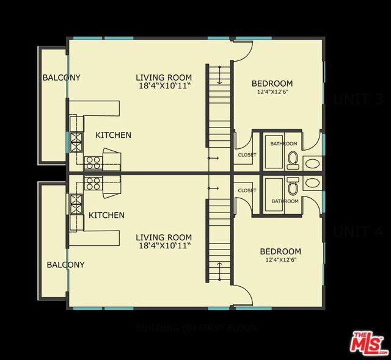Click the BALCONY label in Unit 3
coord(61,77)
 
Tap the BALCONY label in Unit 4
coord(65,265)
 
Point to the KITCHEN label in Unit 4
coord(106,215)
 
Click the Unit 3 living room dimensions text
coord(163,87)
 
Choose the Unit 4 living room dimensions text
coord(163,246)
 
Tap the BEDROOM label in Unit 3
coord(272,84)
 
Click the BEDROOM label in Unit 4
coord(280,251)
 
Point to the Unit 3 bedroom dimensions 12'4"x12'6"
coord(272,93)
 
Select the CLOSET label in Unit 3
coord(247,154)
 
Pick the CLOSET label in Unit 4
coord(247,190)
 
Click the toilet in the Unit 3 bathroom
coord(293,160)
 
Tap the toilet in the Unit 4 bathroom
coord(293,184)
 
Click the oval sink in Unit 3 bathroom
coord(312,164)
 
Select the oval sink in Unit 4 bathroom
coord(312,182)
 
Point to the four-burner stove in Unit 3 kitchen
coord(93,162)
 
